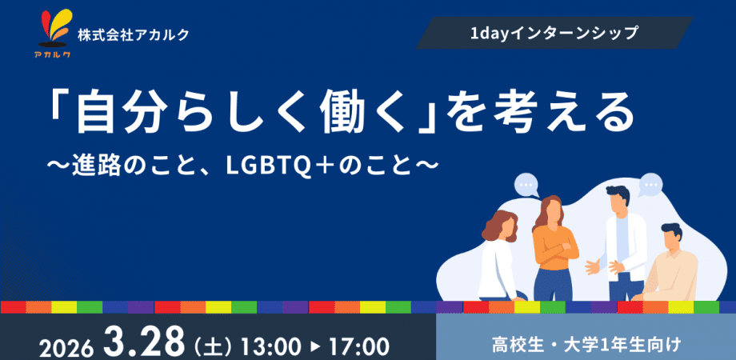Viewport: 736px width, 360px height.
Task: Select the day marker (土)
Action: click(x=213, y=347)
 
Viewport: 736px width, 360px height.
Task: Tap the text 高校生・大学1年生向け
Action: click(x=586, y=346)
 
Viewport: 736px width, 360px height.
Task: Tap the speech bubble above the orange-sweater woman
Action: click(x=526, y=185)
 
